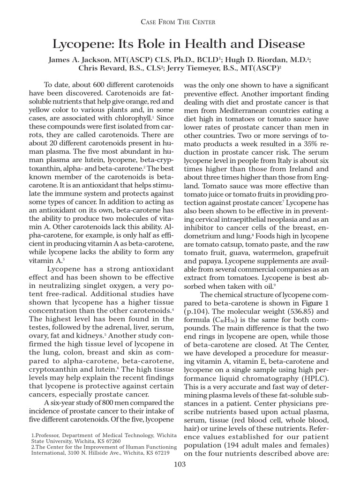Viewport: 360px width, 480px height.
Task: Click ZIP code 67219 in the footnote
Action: pos(158,453)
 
